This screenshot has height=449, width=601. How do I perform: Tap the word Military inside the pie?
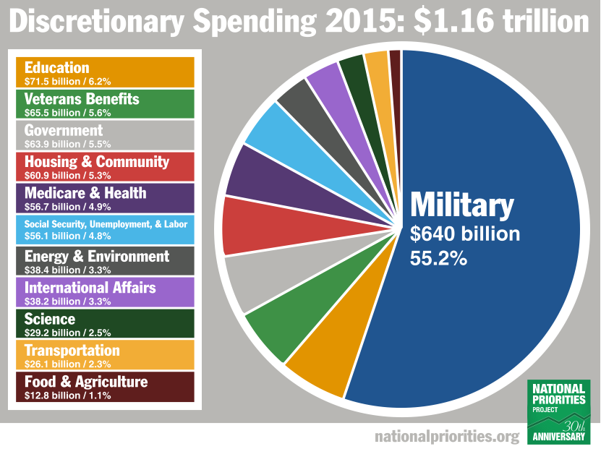tap(462, 206)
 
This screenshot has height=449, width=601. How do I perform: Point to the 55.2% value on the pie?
tap(439, 257)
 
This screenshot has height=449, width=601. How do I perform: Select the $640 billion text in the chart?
tap(465, 234)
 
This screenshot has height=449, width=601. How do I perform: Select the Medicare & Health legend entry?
tap(105, 197)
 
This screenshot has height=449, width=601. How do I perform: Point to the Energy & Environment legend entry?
tap(105, 260)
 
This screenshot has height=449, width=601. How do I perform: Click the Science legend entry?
tap(105, 323)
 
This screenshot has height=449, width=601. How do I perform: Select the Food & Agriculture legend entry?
tap(105, 386)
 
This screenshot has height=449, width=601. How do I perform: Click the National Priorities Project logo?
tap(558, 411)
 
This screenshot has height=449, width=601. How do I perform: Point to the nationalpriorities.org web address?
tap(447, 437)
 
